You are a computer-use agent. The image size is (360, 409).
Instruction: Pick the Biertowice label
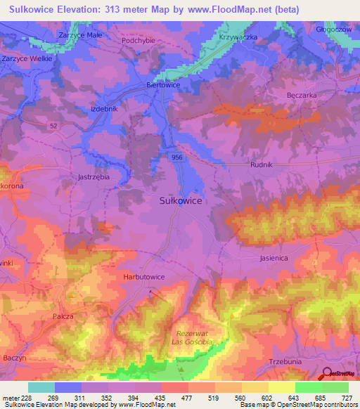pos(162,84)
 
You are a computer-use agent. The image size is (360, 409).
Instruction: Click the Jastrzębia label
pos(94,178)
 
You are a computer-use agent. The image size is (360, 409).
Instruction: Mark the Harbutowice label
pos(143,277)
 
